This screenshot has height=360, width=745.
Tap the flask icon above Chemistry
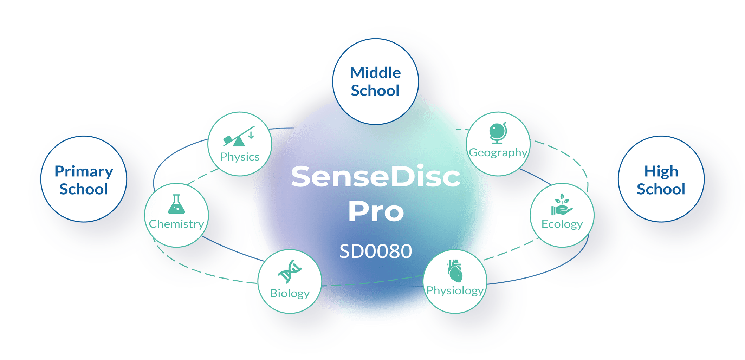click(176, 204)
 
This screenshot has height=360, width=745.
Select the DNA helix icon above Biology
click(290, 271)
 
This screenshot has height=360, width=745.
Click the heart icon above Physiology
click(455, 271)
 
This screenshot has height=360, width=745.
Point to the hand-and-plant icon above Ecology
click(562, 205)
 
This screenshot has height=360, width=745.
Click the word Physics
click(240, 157)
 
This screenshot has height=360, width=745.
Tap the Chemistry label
click(176, 224)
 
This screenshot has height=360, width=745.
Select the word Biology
click(290, 293)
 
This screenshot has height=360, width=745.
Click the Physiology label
click(455, 290)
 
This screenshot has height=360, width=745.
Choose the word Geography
click(498, 152)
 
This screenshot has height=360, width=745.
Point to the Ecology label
click(562, 224)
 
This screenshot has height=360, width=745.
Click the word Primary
click(84, 172)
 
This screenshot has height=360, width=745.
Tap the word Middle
click(375, 73)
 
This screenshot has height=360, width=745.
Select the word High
click(661, 172)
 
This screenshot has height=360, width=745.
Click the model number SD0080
click(376, 251)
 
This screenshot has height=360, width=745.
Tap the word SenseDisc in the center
click(376, 176)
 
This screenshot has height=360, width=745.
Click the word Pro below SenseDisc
click(376, 211)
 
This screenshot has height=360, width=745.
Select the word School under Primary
click(84, 189)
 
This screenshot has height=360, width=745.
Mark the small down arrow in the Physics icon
click(251, 135)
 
